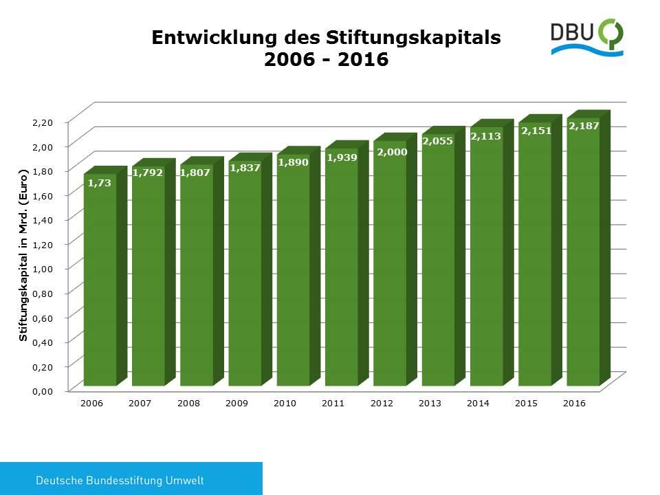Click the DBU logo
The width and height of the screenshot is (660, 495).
pos(587,38)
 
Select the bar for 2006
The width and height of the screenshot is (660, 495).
pos(100,282)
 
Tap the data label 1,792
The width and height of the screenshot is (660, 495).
pos(148,173)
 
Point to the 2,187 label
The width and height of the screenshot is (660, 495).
pos(584,126)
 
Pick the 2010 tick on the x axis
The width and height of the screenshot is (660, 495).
pos(285,404)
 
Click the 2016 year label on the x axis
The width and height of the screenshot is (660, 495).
pos(574,404)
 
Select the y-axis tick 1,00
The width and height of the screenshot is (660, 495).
pos(43,268)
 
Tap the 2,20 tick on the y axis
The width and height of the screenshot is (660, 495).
pos(43,122)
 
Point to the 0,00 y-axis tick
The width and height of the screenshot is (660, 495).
pos(43,391)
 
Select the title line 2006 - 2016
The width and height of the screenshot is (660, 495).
pos(327,60)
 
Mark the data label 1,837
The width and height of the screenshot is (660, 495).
pos(245,168)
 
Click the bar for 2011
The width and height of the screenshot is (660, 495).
pos(341,268)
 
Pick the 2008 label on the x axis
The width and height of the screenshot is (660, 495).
pos(188,404)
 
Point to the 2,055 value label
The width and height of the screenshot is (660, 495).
pos(438,141)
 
